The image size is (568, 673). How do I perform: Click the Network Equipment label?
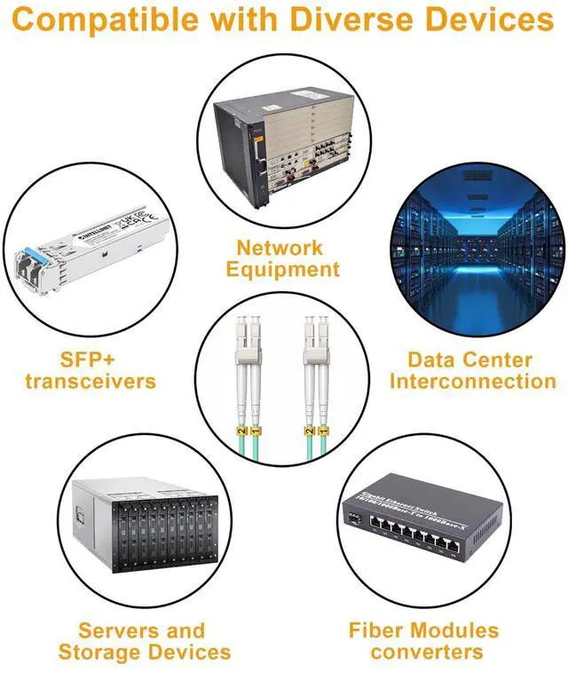pos(282,258)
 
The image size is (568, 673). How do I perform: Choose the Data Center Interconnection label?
pos(473,370)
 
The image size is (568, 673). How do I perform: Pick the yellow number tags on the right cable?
pos(313,432)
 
